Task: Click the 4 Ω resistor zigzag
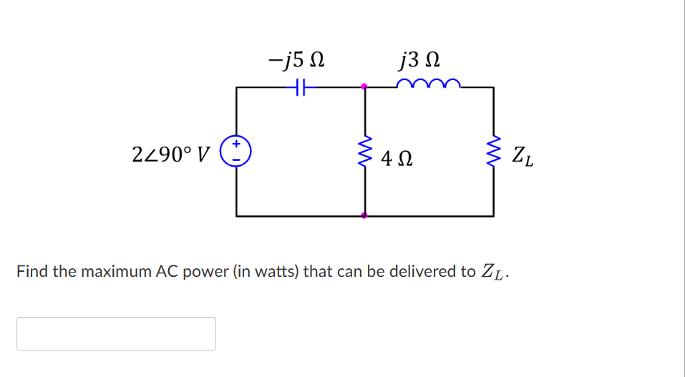(x=365, y=152)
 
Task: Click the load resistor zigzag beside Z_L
(x=493, y=152)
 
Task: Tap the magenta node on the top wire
(x=364, y=87)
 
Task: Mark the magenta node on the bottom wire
(x=364, y=215)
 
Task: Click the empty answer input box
(x=116, y=333)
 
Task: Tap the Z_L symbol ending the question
(x=496, y=273)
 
